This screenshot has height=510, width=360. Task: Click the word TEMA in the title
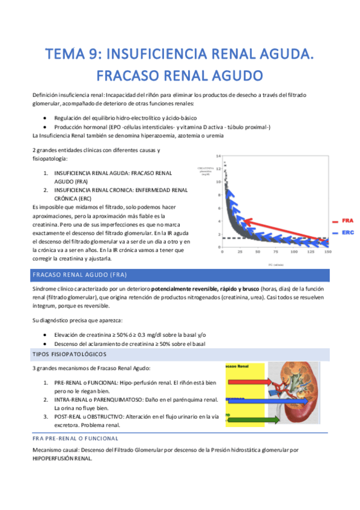tap(67, 55)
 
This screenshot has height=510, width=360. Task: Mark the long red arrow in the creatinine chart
tap(282, 226)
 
